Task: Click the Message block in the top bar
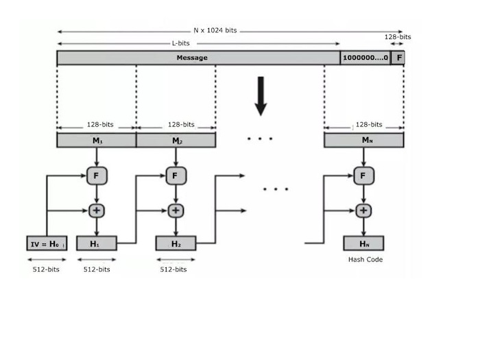[192, 58]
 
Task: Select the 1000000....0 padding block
[365, 58]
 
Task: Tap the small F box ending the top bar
[398, 58]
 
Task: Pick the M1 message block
[96, 141]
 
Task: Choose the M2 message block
[176, 141]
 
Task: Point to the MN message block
[363, 141]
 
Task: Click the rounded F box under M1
[97, 176]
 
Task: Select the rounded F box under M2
[176, 176]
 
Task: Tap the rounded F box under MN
[363, 176]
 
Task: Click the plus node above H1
[97, 211]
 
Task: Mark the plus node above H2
[176, 211]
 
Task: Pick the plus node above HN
[363, 211]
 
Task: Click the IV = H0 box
[47, 243]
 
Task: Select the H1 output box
[97, 243]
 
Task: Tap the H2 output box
[176, 243]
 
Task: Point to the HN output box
[363, 243]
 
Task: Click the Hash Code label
[365, 260]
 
